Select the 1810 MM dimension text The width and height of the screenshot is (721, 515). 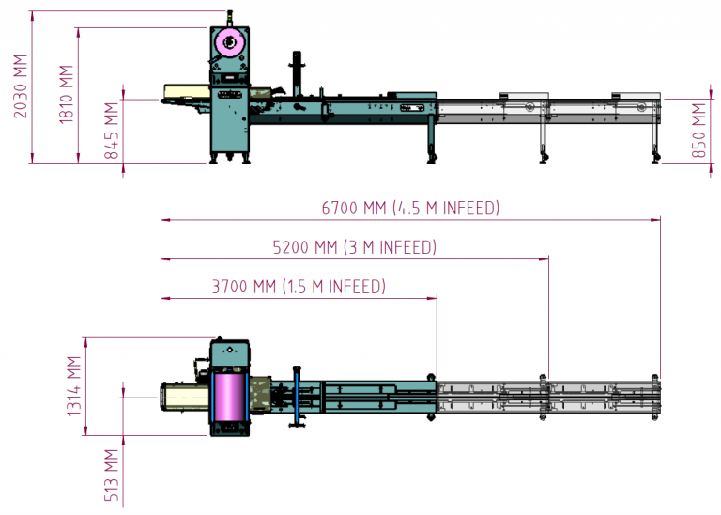point(65,94)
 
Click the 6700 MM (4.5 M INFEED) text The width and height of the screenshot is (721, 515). point(410,208)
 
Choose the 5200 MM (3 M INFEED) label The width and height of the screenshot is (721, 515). point(354,247)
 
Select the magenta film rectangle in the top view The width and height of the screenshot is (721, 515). point(228,396)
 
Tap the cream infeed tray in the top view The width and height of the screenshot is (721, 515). point(183,396)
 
